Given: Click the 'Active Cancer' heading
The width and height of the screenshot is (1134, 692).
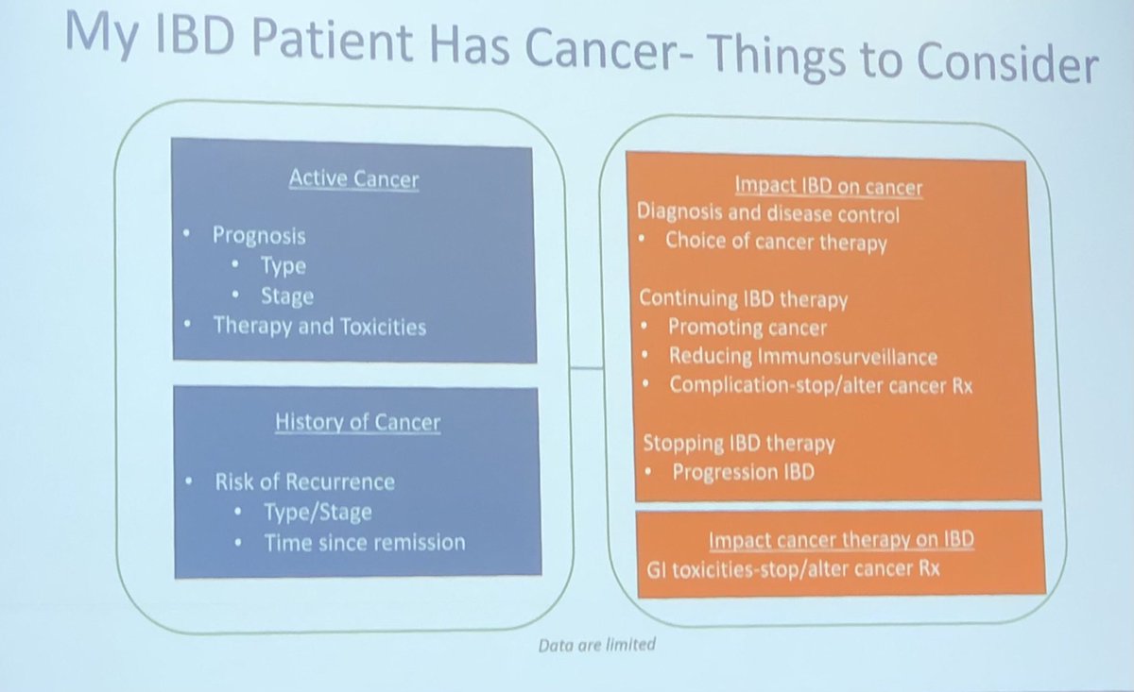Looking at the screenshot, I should (353, 178).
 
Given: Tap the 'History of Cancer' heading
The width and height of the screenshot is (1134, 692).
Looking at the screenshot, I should (357, 422).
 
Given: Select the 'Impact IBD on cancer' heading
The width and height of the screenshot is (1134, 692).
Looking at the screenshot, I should (828, 187).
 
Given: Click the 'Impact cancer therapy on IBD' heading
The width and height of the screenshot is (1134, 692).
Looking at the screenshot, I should (841, 540).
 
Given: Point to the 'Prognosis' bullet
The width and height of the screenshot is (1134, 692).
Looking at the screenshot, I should (259, 234).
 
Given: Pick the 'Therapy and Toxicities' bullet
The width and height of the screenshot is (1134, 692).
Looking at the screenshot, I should (319, 327).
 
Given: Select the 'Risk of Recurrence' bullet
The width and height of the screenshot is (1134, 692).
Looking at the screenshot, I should (304, 481).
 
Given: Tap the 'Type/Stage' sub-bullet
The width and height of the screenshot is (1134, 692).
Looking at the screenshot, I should (318, 512).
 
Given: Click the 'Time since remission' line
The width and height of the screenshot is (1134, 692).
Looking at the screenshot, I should (365, 542).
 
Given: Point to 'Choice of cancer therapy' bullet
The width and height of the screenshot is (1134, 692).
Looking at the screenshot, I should (775, 242).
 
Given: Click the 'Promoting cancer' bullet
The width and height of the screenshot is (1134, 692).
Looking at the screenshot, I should (747, 328).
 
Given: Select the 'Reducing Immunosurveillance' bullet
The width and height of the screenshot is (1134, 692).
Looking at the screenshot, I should (802, 356).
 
